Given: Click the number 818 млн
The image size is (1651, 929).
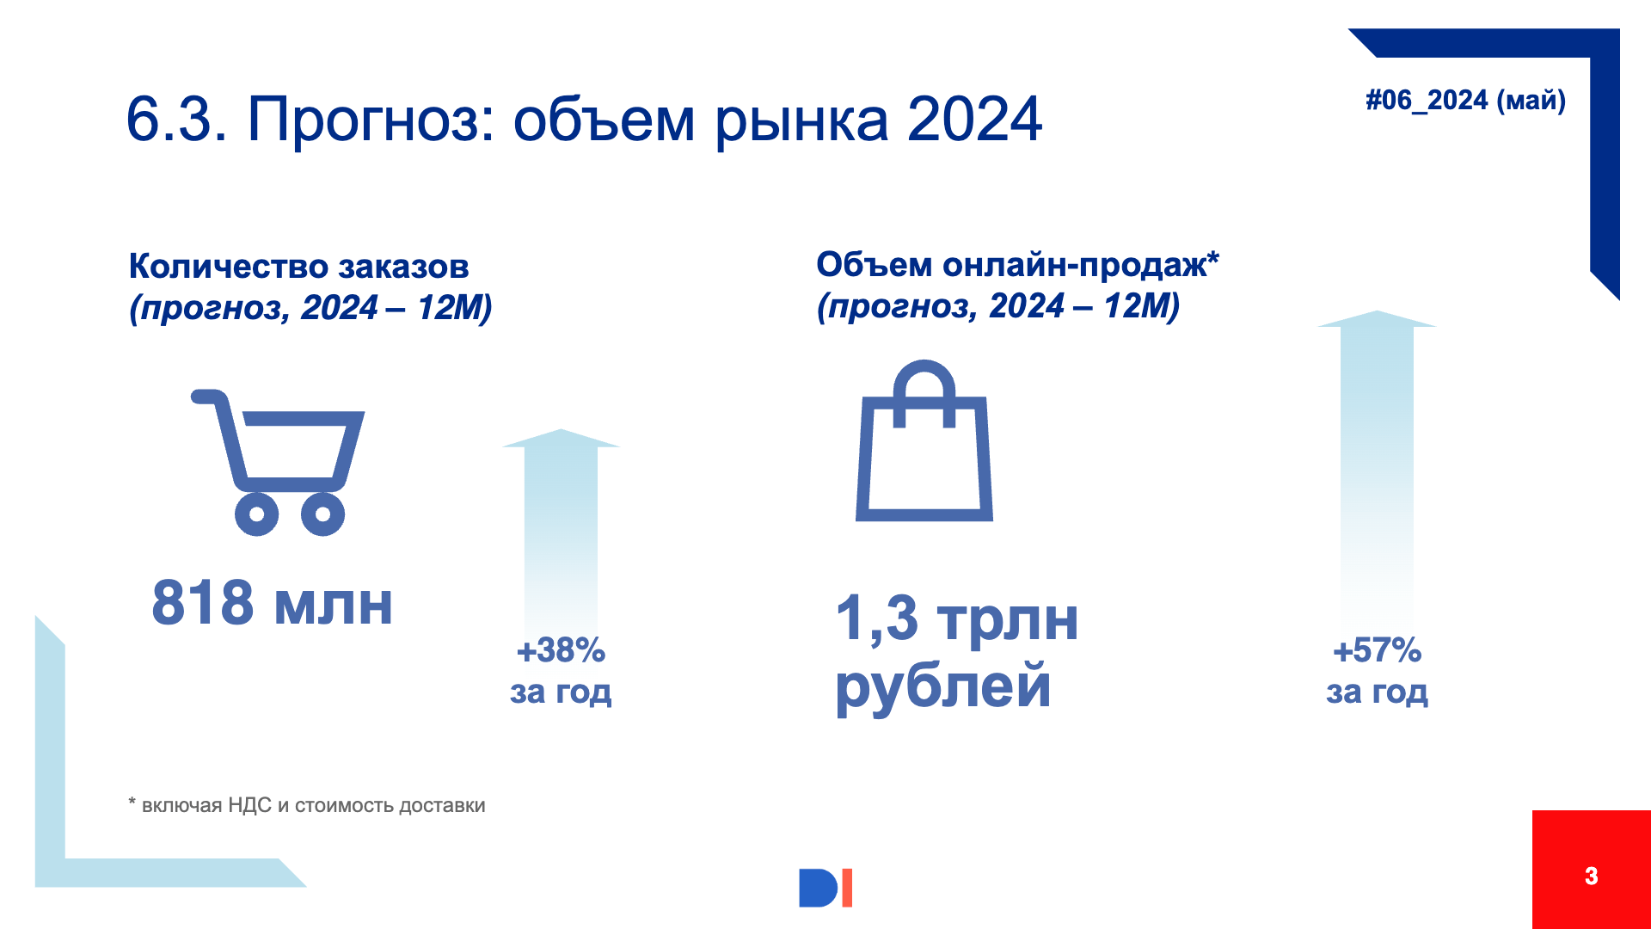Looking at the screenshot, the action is click(273, 603).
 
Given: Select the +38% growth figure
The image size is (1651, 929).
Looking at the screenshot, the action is click(561, 650).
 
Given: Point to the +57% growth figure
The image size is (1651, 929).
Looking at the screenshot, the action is click(1377, 650).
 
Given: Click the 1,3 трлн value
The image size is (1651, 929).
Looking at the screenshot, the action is click(957, 618).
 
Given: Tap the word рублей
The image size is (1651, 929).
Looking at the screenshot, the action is click(943, 687).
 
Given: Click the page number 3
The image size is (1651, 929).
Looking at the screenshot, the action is click(1591, 876).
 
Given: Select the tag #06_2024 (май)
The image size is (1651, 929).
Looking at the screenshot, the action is click(1465, 101).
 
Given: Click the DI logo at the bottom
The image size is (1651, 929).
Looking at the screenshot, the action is click(825, 888).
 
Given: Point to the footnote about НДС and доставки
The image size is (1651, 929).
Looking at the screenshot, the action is click(307, 805).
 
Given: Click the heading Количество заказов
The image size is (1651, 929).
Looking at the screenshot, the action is click(298, 267).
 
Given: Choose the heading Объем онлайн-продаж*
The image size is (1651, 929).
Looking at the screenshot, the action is click(1017, 265).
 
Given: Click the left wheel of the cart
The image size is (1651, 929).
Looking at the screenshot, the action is click(256, 514).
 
